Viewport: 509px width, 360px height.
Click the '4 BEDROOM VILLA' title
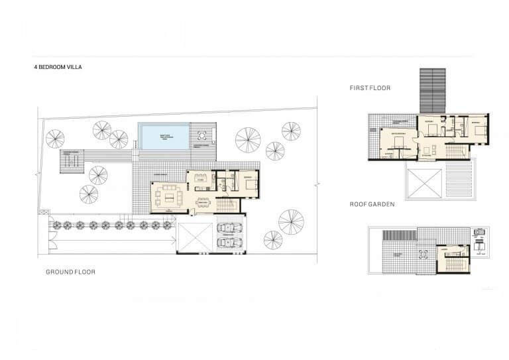(58, 67)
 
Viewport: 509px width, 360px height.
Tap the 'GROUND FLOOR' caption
(70, 272)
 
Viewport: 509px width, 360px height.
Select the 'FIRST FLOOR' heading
(370, 88)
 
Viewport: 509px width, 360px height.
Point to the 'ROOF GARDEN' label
(372, 205)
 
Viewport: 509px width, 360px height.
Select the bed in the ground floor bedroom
(251, 185)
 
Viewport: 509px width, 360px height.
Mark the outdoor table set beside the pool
(201, 137)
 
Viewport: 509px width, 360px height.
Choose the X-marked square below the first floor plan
(424, 182)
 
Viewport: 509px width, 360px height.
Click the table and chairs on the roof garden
(422, 255)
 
